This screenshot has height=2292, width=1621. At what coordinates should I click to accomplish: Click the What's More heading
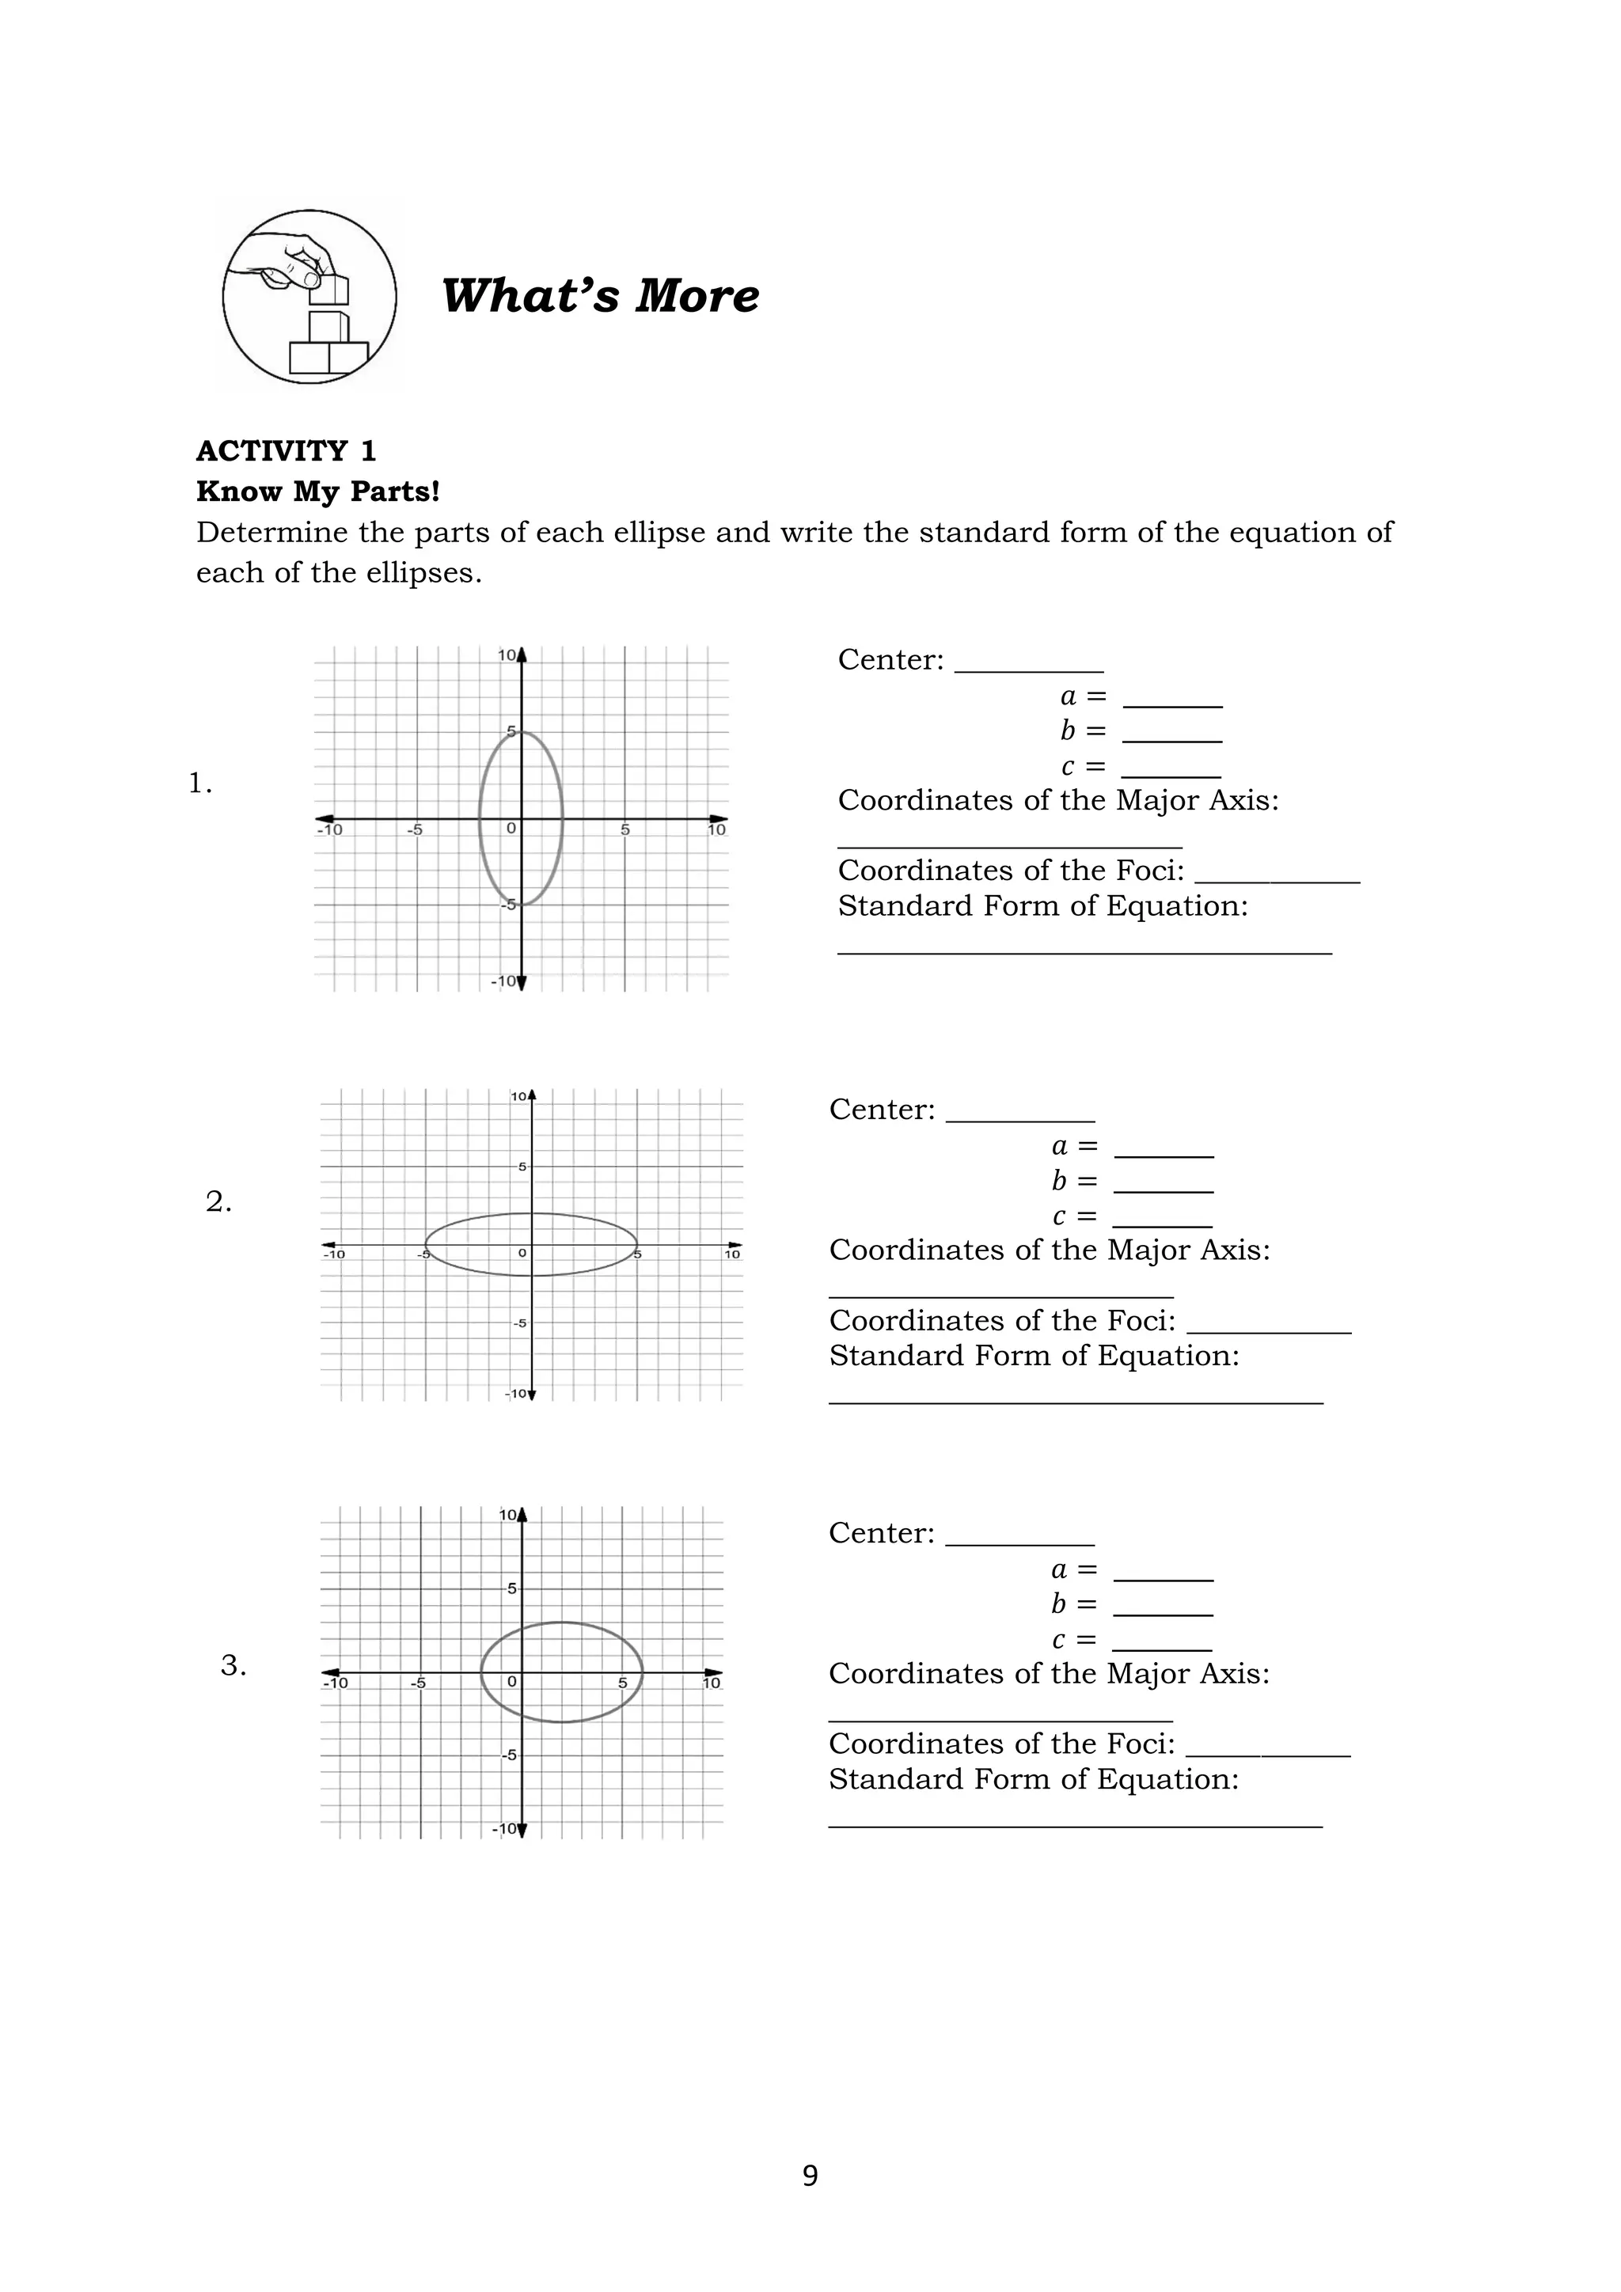point(600,297)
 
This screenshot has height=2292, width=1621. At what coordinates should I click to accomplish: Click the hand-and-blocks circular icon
point(309,297)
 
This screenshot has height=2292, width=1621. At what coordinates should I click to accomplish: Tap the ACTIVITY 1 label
point(286,451)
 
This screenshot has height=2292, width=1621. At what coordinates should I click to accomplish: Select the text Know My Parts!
point(317,492)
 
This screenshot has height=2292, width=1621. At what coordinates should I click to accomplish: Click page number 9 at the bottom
point(810,2175)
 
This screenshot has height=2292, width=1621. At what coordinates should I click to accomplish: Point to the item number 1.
point(199,784)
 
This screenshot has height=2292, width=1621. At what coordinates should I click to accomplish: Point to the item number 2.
point(218,1203)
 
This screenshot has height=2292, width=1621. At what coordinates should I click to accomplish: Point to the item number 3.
point(233,1665)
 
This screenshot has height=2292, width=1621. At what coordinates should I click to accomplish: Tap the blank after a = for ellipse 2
point(1163,1150)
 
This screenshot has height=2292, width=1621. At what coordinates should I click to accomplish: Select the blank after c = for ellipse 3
point(1161,1643)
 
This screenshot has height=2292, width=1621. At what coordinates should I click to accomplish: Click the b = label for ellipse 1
point(1082,732)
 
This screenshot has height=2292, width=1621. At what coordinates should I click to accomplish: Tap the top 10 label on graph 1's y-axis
point(507,656)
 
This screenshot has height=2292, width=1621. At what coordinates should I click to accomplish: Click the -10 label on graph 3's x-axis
point(336,1683)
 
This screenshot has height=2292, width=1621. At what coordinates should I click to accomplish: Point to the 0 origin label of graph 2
point(521,1253)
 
